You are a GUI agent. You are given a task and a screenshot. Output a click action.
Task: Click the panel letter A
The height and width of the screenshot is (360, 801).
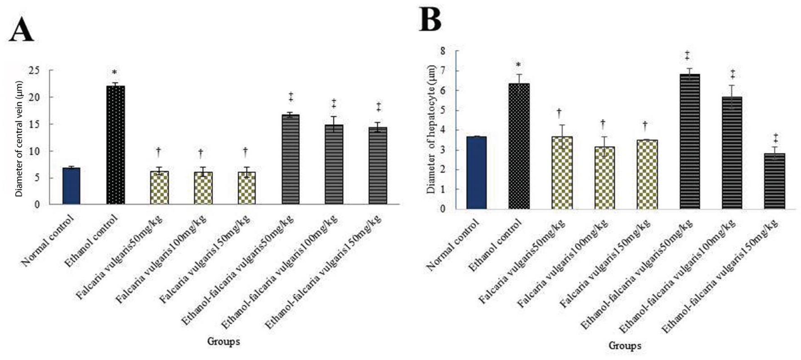click(x=22, y=30)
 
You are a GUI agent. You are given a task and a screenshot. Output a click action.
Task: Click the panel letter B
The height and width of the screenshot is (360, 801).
click(x=430, y=20)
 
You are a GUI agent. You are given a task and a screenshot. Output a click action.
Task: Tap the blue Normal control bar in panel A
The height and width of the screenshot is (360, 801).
click(x=71, y=186)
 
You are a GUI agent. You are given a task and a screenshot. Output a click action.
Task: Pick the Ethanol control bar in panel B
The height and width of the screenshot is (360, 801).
click(x=519, y=146)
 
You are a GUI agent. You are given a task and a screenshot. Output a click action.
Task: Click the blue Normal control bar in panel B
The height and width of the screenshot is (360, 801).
click(x=477, y=173)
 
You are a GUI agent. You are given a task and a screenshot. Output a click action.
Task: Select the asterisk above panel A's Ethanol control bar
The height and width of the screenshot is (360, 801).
click(x=115, y=73)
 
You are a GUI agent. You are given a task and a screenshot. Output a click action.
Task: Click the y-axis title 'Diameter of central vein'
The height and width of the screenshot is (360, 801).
click(x=19, y=137)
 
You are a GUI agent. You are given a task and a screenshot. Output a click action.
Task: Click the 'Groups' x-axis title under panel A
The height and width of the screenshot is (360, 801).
click(x=224, y=342)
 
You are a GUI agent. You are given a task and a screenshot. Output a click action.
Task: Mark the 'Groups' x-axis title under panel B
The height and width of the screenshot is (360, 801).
click(x=625, y=346)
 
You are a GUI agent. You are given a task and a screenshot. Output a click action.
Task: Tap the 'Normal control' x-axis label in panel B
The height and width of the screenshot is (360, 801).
click(x=453, y=245)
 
